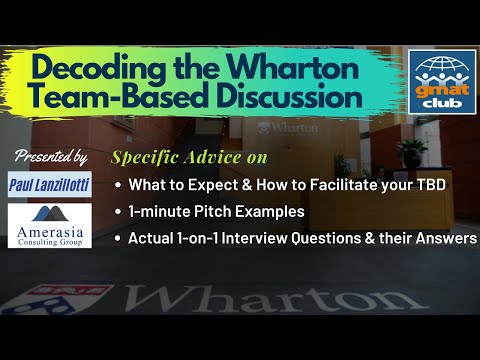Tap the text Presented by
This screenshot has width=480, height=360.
coord(51,157)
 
